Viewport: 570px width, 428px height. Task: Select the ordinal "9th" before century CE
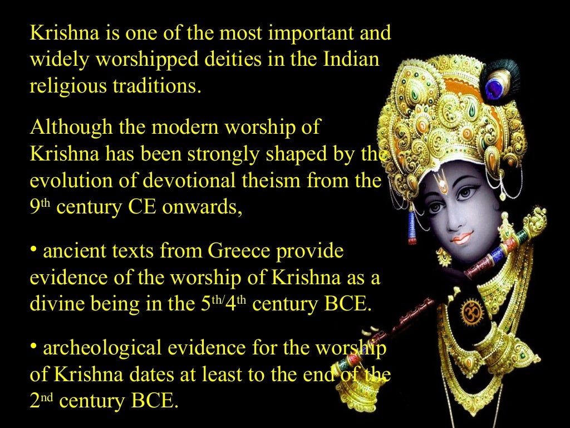[x=40, y=207]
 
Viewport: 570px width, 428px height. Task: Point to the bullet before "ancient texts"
[x=34, y=249]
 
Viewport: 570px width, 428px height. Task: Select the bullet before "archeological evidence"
[x=34, y=346]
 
